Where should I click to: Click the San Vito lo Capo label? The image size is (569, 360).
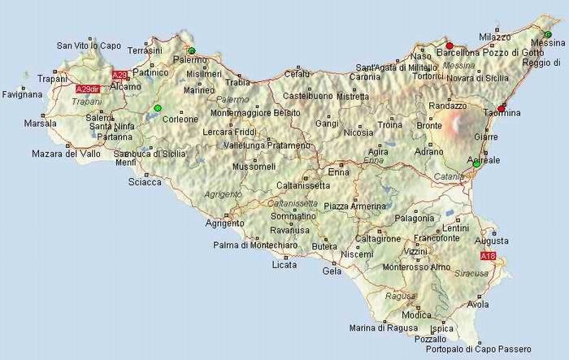pos(89,46)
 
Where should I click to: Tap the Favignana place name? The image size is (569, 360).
pos(21,94)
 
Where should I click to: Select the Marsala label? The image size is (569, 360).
pos(40,124)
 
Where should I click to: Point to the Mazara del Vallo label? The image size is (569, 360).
pos(66,153)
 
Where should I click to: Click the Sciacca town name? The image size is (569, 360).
pos(145,182)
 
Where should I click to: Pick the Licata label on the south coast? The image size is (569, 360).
pos(284,265)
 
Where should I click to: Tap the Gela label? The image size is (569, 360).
pos(332,271)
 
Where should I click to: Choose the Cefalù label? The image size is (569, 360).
pos(297,74)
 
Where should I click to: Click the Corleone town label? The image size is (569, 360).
pos(180,119)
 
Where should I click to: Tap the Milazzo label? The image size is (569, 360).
pos(495,37)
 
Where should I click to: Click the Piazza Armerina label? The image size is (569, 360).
pos(354,206)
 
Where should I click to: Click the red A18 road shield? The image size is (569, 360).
pos(488,257)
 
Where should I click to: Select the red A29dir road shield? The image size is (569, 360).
pos(86,89)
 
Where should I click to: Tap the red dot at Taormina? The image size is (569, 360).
pos(502,108)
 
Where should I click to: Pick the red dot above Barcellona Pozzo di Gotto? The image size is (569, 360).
pos(450,46)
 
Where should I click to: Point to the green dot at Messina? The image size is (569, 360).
pos(548,34)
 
